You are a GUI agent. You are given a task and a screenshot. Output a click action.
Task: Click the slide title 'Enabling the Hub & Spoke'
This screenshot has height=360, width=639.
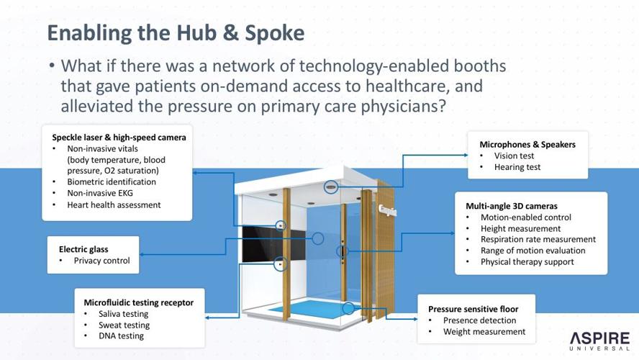pos(176,33)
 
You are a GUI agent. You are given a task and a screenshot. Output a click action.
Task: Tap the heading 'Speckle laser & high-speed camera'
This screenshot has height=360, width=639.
pos(119,137)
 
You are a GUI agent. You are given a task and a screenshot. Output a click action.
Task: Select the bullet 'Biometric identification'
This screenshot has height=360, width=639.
pos(112,182)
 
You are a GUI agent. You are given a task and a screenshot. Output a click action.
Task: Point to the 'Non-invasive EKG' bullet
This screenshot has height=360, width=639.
pos(100,193)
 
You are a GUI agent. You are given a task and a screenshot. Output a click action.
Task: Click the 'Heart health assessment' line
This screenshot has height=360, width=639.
pos(114,204)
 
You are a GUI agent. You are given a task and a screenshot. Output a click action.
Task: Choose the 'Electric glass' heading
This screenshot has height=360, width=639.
pos(83,249)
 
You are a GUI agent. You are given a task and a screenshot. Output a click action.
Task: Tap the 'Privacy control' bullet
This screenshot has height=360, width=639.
pos(101,261)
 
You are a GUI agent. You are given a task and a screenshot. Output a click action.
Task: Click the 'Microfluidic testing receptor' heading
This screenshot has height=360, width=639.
pos(138,302)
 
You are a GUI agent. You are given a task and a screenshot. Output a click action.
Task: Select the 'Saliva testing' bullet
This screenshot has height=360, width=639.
pos(123,314)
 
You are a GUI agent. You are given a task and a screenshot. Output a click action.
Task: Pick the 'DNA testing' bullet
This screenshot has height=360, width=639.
pos(121,336)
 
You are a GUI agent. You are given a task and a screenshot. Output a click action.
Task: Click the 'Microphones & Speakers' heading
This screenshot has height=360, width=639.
pos(527,145)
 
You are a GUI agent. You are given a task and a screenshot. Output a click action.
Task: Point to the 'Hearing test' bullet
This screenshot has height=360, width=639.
pos(517,167)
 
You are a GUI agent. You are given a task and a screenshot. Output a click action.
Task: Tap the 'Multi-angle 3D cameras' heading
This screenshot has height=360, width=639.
pos(511,206)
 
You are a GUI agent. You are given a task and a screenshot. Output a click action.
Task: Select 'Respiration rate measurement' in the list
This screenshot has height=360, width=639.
pos(538,239)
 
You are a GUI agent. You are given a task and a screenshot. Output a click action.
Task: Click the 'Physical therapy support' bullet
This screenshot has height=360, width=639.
pos(527,261)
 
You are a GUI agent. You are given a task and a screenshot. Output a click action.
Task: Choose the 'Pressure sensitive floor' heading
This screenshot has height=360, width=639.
pos(473,309)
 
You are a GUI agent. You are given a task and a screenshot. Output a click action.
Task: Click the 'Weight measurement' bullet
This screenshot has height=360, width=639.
pos(484,332)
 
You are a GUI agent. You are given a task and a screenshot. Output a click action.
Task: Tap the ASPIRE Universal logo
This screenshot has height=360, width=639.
pos(599,341)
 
